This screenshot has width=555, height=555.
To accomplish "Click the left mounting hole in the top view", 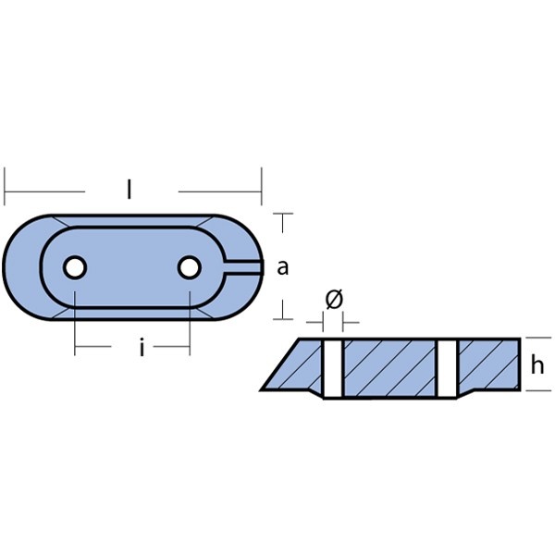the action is click(x=75, y=267).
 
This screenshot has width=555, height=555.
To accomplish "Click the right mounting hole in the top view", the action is click(x=190, y=267).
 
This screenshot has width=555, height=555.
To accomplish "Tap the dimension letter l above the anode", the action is click(x=129, y=189).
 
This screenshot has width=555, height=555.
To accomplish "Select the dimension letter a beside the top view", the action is click(x=282, y=267).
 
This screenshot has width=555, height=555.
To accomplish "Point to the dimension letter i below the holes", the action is click(x=142, y=348).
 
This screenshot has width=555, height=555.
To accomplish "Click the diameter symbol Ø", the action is click(x=334, y=299).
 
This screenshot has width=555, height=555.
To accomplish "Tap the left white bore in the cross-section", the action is click(x=333, y=368).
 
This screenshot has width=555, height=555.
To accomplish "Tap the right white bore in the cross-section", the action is click(x=448, y=368).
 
